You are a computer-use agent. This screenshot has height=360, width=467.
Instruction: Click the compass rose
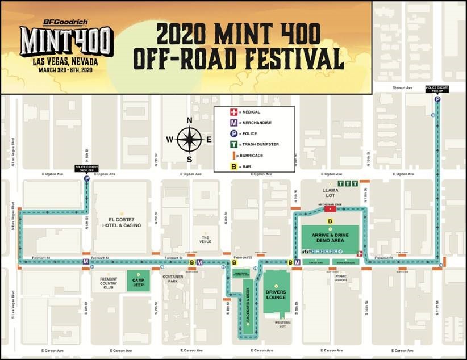point(190,140)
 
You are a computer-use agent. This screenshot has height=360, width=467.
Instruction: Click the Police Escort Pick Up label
point(437,89)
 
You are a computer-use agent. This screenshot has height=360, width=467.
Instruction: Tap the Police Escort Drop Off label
point(86,169)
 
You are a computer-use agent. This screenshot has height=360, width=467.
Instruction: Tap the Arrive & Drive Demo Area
point(330,236)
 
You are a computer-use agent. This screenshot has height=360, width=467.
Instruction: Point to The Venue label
point(205,239)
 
